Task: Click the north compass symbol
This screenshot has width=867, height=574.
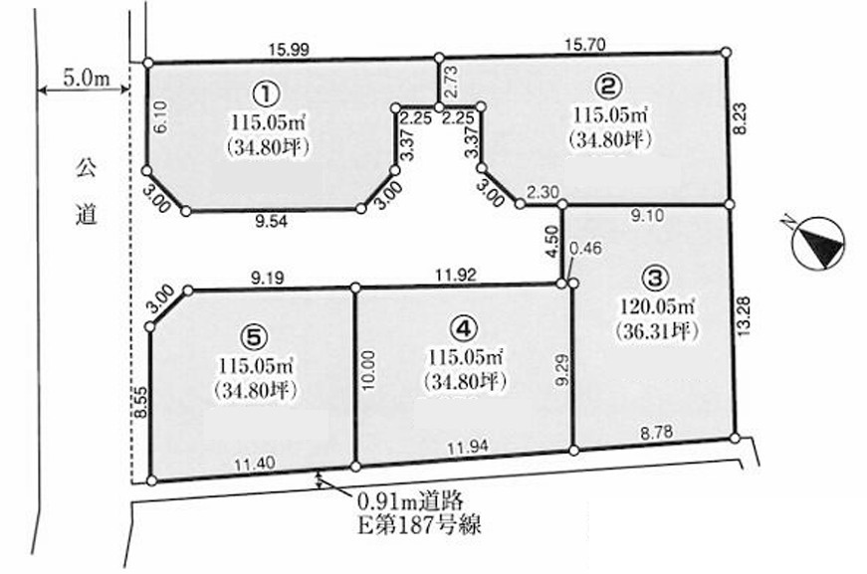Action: (x=818, y=244)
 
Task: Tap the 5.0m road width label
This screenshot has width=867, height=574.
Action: (x=86, y=78)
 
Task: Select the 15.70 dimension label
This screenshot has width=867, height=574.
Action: (x=585, y=44)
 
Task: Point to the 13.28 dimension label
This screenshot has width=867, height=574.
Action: (x=744, y=316)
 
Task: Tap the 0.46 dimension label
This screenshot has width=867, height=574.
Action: (x=584, y=249)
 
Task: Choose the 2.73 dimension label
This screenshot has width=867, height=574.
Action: (x=452, y=82)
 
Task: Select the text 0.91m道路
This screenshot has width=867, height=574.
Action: (x=410, y=501)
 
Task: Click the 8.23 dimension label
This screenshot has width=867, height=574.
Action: (x=741, y=119)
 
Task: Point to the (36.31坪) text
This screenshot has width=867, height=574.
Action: (x=656, y=330)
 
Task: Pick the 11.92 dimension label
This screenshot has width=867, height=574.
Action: (x=456, y=276)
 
